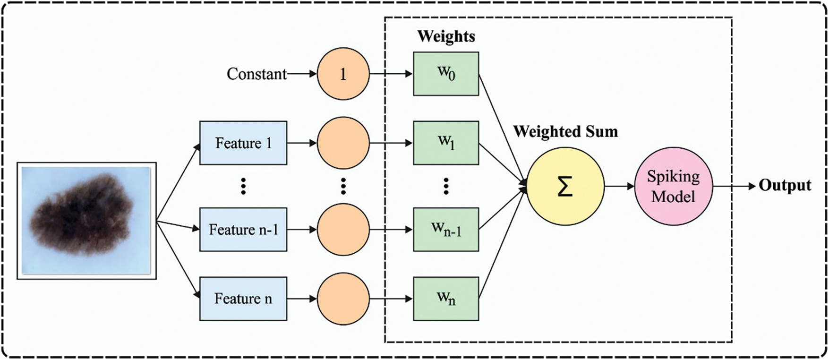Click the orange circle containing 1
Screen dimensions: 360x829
click(x=343, y=74)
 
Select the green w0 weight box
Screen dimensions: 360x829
click(x=446, y=74)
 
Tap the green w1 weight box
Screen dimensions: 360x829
click(x=446, y=143)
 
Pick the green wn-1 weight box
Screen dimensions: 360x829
click(x=446, y=230)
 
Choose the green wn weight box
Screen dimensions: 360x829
click(x=446, y=299)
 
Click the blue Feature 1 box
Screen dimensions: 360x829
click(x=243, y=143)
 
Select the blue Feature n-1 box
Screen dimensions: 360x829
click(x=243, y=230)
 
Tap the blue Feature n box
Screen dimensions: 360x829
click(x=243, y=299)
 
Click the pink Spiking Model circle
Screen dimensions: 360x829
click(x=673, y=186)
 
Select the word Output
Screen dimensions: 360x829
click(x=785, y=186)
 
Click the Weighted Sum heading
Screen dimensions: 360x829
click(x=565, y=131)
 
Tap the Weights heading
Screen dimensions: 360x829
click(x=446, y=36)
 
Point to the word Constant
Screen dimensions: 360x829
click(x=256, y=74)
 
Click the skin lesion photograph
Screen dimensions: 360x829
click(x=86, y=221)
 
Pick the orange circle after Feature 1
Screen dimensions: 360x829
click(x=343, y=143)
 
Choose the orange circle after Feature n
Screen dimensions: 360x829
click(x=343, y=299)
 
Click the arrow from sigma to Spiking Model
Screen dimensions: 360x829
click(x=619, y=186)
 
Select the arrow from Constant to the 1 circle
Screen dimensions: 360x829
click(x=302, y=74)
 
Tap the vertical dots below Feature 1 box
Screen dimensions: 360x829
click(x=243, y=186)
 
